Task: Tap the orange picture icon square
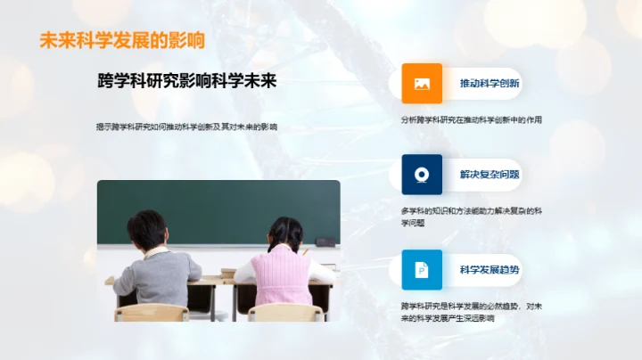422,84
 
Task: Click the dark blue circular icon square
422,175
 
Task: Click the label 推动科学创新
490,84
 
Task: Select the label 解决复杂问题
490,175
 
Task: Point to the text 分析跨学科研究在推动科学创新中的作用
472,119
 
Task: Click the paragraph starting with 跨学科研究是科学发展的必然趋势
472,312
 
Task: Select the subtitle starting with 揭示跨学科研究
186,127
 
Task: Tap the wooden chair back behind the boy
152,312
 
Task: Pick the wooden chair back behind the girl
284,312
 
